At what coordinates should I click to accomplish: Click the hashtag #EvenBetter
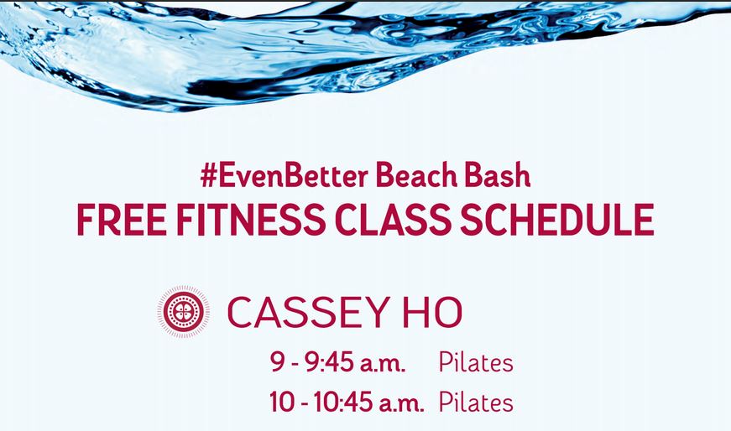(284, 175)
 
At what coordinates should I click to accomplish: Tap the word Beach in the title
(416, 175)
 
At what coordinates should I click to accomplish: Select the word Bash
(498, 175)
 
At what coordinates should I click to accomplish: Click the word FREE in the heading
(121, 220)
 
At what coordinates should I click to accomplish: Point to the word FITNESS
(251, 220)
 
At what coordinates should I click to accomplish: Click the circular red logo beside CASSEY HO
(183, 311)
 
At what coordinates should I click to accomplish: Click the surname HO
(432, 312)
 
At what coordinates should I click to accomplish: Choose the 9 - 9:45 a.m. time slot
(337, 362)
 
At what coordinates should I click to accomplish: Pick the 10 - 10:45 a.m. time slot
(347, 402)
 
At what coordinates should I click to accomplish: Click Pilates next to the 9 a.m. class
(476, 362)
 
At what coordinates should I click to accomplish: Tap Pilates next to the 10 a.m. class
(476, 402)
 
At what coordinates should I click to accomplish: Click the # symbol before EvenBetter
(209, 175)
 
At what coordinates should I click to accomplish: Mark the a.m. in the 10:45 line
(401, 404)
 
